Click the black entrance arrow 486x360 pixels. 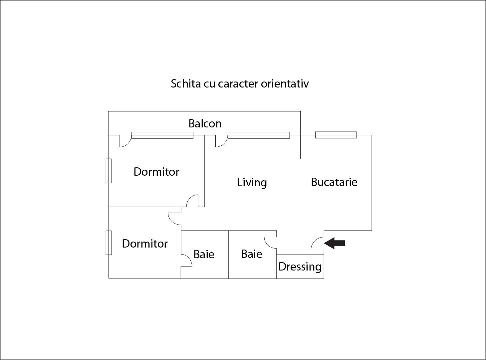pos(335,243)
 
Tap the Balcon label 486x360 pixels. pos(205,123)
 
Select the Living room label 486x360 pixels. pos(252,182)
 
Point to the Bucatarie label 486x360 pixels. pos(334,182)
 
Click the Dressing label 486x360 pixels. pos(300,267)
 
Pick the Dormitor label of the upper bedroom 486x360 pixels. pos(156,172)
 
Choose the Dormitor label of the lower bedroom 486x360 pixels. pos(145,244)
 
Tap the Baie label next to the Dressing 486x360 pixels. pos(252,254)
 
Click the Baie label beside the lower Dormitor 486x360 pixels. pos(204,254)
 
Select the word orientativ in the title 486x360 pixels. pos(285,84)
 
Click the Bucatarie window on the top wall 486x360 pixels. pos(336,135)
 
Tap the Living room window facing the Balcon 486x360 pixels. pos(259,135)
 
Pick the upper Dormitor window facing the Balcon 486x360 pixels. pos(162,135)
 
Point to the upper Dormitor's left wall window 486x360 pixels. pos(109,171)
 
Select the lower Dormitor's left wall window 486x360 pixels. pos(109,243)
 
